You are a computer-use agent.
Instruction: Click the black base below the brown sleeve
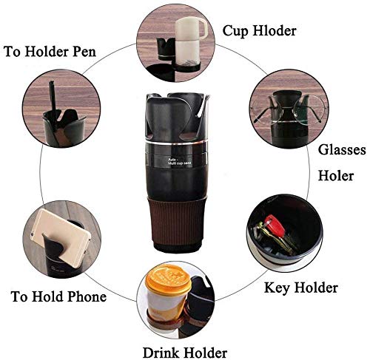(184, 250)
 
